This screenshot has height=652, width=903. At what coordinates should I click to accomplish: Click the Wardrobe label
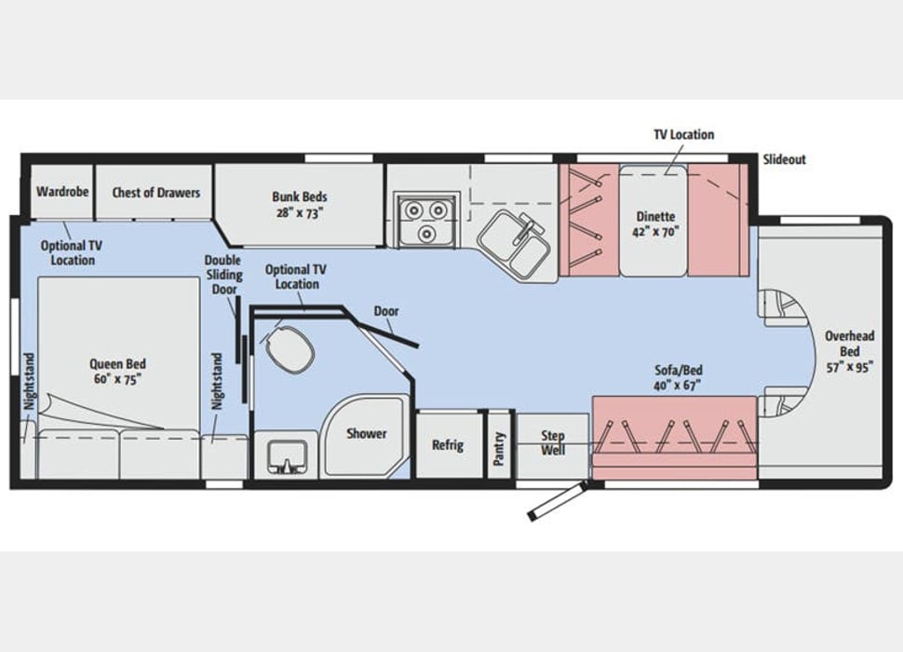[x=62, y=191]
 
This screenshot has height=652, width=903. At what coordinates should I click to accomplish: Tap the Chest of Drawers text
[x=156, y=193]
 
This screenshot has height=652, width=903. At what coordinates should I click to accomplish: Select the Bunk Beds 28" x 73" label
[x=300, y=205]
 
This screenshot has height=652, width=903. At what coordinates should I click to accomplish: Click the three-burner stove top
[x=426, y=220]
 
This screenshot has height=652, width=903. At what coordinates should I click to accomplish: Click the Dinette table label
[x=655, y=224]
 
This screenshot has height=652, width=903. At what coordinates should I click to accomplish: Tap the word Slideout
[x=785, y=159]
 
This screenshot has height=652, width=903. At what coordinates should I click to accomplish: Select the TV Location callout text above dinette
[x=683, y=134]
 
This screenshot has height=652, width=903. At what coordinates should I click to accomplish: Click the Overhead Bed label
[x=849, y=351]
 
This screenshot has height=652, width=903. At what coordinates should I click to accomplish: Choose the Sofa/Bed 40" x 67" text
[x=679, y=378]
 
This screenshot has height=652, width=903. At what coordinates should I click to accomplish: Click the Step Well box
[x=552, y=445]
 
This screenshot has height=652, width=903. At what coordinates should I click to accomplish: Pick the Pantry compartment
[x=499, y=444]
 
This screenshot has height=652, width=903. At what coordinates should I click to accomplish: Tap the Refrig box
[x=448, y=444]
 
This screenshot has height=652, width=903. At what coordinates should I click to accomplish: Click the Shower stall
[x=365, y=435]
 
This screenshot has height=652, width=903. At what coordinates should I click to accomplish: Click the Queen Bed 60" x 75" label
[x=117, y=372]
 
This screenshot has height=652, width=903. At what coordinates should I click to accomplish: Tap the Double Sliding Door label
[x=222, y=275]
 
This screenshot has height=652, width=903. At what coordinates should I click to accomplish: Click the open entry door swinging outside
[x=557, y=502]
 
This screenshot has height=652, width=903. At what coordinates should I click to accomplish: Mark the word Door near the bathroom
[x=385, y=311]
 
